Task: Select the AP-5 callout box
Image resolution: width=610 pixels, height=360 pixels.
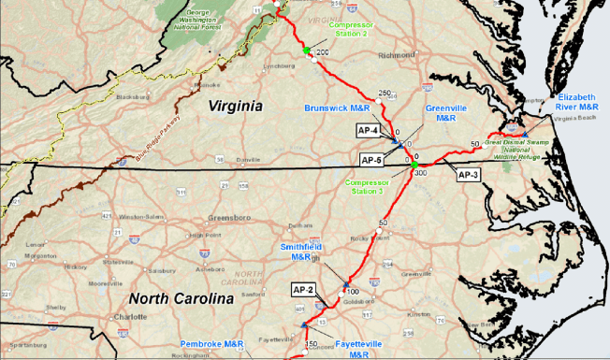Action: [x=372, y=160]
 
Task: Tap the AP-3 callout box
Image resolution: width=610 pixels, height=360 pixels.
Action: [x=467, y=175]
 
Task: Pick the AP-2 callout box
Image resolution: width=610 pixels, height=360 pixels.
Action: [x=305, y=288]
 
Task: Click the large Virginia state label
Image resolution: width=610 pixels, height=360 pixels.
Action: [x=235, y=106]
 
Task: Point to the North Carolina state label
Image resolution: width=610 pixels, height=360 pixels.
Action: [x=179, y=299]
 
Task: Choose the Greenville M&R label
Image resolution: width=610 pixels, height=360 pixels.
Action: [x=440, y=113]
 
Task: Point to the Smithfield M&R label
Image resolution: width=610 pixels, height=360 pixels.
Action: [x=301, y=252]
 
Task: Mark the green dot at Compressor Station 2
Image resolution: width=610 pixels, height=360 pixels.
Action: [x=306, y=50]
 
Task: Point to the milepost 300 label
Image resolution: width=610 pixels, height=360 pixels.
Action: [x=420, y=173]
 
